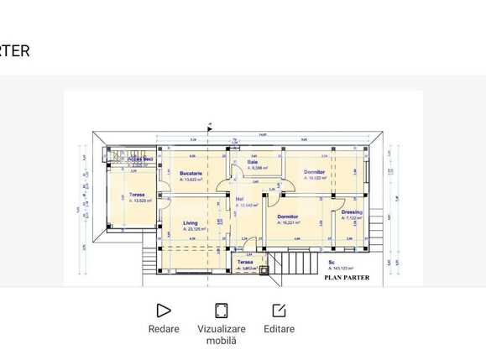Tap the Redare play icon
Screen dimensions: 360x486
point(164,310)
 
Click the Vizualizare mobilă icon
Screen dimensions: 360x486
point(222,310)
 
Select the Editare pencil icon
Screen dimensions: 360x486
point(279,310)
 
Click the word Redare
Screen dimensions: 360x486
point(164,329)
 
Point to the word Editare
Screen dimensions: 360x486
point(279,329)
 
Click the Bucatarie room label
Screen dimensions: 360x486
point(191,173)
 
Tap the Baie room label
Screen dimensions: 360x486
point(252,162)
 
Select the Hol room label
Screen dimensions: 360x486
point(239,199)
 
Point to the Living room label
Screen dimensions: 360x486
point(191,222)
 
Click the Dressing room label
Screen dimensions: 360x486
point(352,211)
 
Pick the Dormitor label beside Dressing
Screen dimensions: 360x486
point(288,217)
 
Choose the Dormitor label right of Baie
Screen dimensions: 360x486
point(314,172)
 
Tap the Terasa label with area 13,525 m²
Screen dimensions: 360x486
point(137,195)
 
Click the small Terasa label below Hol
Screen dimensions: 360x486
point(244,263)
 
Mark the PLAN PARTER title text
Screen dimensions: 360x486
point(347,278)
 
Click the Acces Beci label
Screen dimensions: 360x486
point(140,159)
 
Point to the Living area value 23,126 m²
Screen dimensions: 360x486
point(195,229)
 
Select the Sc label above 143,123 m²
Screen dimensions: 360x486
point(332,262)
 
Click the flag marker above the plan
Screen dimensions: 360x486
point(210,129)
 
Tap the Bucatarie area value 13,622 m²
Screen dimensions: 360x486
point(191,180)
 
